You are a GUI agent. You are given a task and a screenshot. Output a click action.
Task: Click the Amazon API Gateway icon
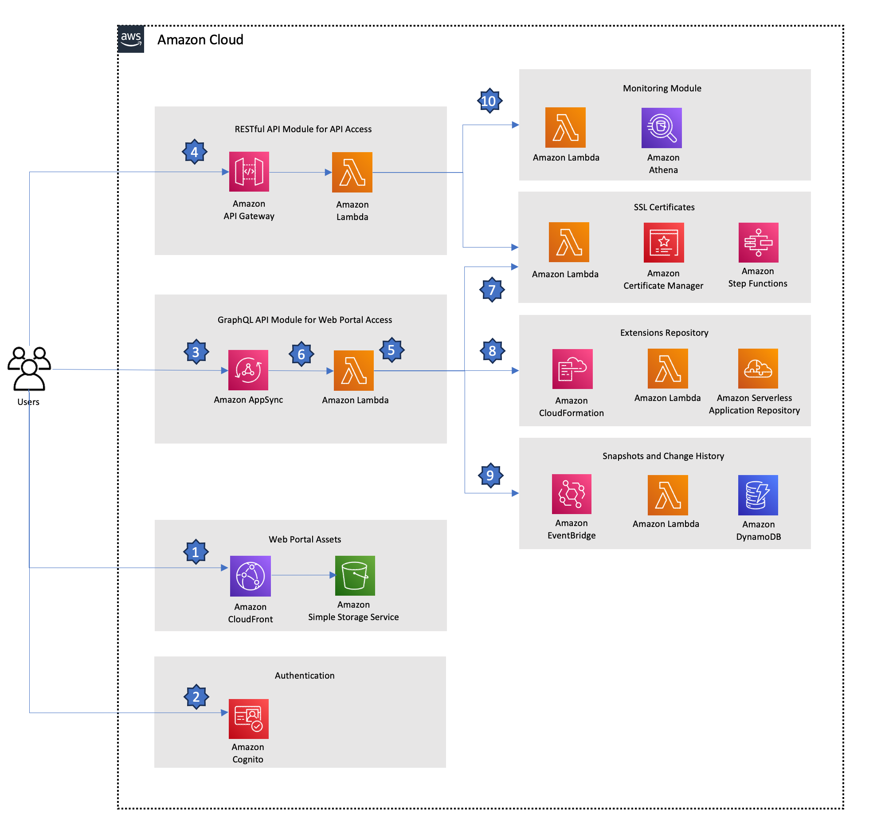[249, 172]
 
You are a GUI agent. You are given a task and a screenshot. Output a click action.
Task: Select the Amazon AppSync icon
[248, 370]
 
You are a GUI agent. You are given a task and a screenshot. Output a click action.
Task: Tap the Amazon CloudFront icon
[250, 576]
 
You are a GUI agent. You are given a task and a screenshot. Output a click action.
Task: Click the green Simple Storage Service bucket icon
[355, 575]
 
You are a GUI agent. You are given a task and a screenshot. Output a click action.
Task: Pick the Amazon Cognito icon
[248, 719]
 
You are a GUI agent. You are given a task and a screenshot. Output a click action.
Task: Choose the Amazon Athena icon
[662, 128]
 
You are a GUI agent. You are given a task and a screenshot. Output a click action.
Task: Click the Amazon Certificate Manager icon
[663, 243]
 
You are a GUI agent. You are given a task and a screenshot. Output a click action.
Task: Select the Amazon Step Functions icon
[758, 242]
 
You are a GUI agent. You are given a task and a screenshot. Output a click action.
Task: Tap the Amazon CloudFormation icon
[572, 369]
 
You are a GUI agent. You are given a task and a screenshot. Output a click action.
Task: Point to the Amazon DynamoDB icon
[758, 495]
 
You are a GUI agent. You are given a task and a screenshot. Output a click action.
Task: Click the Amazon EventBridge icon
[572, 494]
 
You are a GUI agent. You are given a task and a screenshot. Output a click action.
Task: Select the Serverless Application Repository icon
[758, 369]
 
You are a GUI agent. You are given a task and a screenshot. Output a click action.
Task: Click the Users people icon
[29, 369]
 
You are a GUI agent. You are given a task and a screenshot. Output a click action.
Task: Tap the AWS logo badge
[131, 39]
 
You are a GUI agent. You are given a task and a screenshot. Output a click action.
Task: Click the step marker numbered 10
[489, 101]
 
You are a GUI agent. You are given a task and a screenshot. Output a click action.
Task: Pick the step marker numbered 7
[492, 290]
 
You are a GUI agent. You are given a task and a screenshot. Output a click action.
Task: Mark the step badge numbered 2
[196, 697]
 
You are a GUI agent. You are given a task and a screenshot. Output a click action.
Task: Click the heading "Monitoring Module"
[662, 88]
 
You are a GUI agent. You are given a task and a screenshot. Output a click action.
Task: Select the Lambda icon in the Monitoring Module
[565, 127]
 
